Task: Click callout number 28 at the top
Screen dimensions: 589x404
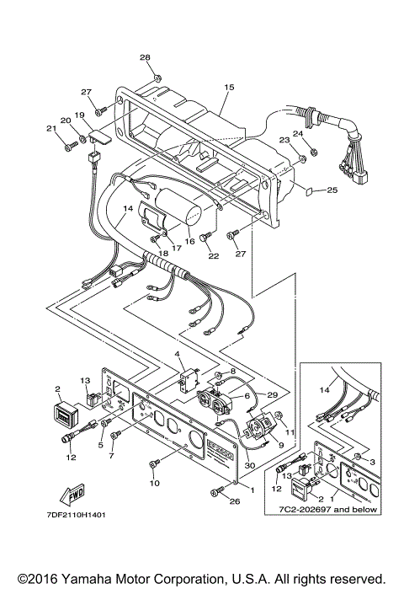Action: point(145,57)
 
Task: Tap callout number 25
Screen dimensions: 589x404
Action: point(332,190)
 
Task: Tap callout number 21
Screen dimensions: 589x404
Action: point(49,129)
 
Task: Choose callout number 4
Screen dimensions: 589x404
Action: point(178,354)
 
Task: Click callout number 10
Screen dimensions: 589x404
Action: point(154,483)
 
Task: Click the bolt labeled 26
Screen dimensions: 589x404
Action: point(210,499)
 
